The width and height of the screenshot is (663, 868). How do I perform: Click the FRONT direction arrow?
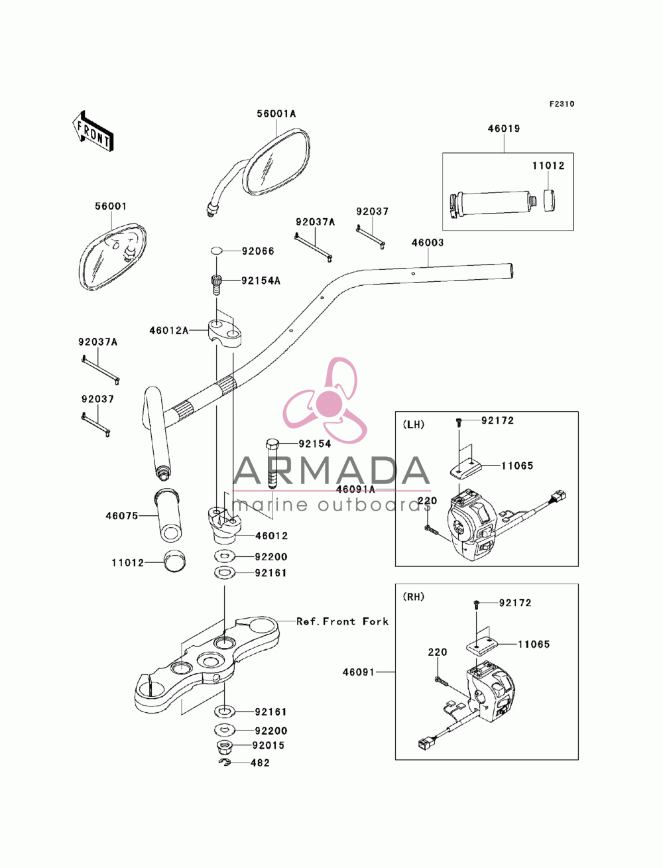point(93,131)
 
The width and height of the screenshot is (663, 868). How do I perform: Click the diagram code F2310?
point(562,104)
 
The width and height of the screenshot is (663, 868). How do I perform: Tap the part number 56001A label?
point(276,114)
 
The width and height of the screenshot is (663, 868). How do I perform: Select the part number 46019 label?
point(503,129)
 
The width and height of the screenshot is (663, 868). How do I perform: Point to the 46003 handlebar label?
point(428,243)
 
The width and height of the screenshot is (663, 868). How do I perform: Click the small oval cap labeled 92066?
point(216,250)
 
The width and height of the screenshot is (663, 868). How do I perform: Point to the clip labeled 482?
point(225,763)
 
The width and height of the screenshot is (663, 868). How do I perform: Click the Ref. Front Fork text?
point(342,621)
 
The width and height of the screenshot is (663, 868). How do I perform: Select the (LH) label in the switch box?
point(414,424)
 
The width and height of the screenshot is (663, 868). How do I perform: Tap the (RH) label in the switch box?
point(414,597)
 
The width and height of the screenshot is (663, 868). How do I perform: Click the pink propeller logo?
point(326,400)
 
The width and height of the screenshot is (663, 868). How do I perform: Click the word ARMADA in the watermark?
point(331,471)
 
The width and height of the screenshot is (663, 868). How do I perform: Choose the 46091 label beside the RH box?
point(358,672)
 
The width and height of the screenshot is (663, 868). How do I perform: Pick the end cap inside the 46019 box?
point(548,201)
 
